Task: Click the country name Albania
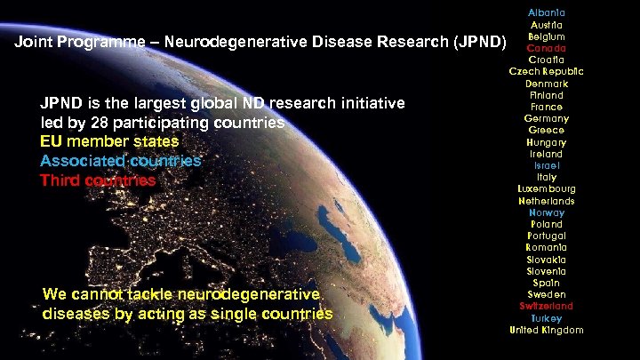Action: coord(546,13)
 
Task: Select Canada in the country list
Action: coord(546,48)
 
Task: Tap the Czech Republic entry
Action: coord(546,71)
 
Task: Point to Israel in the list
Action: coord(546,165)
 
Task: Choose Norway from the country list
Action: coord(546,212)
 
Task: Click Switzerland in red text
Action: coord(546,306)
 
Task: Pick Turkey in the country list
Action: coord(546,318)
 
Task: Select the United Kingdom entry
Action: coord(546,330)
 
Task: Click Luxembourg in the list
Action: coord(546,188)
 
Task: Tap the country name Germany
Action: coord(546,118)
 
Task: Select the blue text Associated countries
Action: coord(121,162)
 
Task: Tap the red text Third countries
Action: coord(98,181)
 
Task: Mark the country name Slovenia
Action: coord(546,271)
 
